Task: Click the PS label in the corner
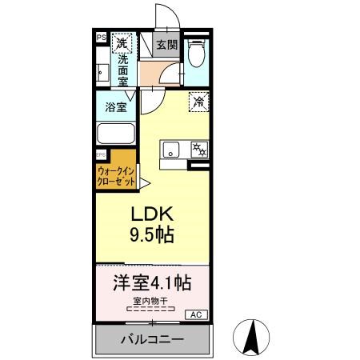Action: coord(101,37)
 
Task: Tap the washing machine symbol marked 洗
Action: coord(121,43)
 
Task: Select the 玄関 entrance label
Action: coord(166,45)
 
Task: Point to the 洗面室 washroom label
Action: coord(122,70)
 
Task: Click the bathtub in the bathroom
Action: coord(116,134)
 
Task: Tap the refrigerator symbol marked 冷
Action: coord(198,102)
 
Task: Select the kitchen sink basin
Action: coord(173,149)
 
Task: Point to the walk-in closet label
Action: coord(118,176)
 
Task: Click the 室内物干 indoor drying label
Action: coord(151,300)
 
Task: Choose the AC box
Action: coord(196,314)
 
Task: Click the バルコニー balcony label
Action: coord(152,339)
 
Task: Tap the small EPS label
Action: coord(101,154)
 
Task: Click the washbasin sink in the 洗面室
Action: coord(102,72)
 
